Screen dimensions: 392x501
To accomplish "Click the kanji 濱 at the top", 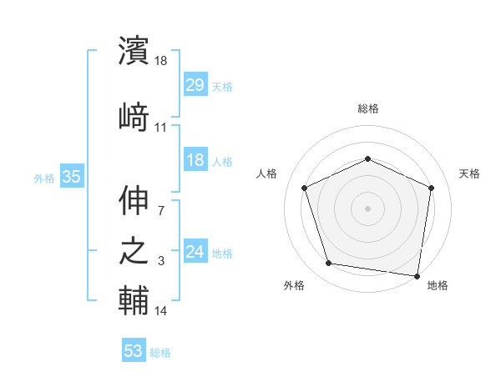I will pyautogui.click(x=134, y=51).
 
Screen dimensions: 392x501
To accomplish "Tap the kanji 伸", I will pyautogui.click(x=134, y=201).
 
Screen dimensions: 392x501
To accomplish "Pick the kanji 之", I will pyautogui.click(x=134, y=252).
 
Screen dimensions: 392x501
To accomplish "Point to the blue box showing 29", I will pyautogui.click(x=195, y=84).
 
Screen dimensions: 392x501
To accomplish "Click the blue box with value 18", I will pyautogui.click(x=195, y=160).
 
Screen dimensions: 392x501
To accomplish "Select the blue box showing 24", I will pyautogui.click(x=195, y=252).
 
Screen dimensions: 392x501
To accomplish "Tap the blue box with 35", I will pyautogui.click(x=71, y=177).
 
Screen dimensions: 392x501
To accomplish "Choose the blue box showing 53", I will pyautogui.click(x=134, y=351).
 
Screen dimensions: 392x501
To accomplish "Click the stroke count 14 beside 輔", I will pyautogui.click(x=161, y=311).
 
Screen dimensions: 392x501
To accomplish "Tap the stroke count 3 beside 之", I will pyautogui.click(x=160, y=261).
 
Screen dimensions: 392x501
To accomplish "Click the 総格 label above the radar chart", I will pyautogui.click(x=367, y=108).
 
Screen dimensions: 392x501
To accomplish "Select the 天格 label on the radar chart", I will pyautogui.click(x=469, y=173).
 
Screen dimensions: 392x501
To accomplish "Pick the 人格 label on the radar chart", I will pyautogui.click(x=267, y=173).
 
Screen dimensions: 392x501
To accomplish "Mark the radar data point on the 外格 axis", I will pyautogui.click(x=329, y=264).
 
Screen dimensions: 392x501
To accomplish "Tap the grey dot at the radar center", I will pyautogui.click(x=367, y=208).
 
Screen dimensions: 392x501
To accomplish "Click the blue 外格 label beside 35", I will pyautogui.click(x=44, y=178).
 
